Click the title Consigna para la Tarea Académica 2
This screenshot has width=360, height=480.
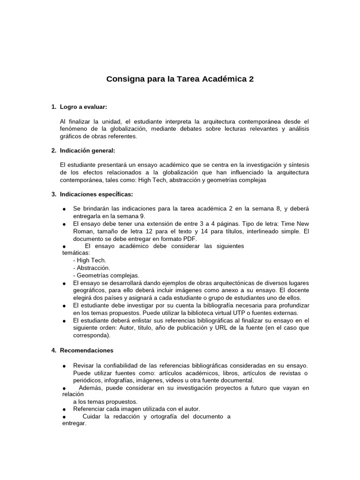click(180, 79)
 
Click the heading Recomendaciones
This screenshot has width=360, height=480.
click(86, 350)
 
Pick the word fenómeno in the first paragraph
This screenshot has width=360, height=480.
click(76, 129)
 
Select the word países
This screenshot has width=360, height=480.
click(130, 298)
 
